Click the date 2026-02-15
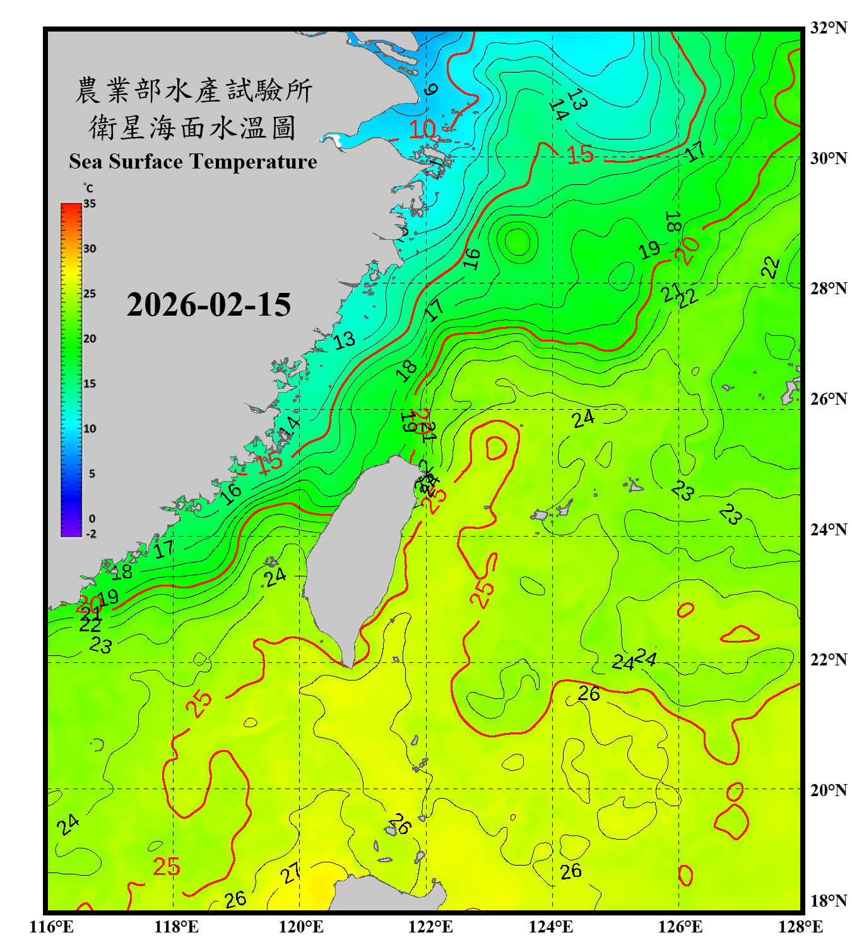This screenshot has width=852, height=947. point(208,305)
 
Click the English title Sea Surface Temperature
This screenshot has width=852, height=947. point(192,162)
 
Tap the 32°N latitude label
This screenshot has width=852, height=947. point(828,28)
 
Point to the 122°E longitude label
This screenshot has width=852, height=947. point(430,927)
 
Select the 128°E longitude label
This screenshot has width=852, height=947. point(800,927)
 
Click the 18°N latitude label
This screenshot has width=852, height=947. point(828,901)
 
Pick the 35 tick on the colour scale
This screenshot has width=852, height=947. point(90,204)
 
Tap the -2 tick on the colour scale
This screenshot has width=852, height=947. point(91,534)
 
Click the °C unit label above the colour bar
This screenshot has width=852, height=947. point(88,188)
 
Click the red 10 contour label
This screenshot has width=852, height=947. point(422,129)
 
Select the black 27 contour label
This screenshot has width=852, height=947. point(291,874)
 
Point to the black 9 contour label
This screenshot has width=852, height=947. point(430,89)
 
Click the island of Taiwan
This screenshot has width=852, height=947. point(360,556)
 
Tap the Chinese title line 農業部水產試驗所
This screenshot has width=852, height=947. point(193,90)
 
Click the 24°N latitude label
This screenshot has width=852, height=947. point(828,530)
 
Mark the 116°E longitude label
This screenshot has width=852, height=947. point(52,927)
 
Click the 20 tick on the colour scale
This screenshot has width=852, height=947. point(90,339)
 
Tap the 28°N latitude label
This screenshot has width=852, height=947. point(828,289)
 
